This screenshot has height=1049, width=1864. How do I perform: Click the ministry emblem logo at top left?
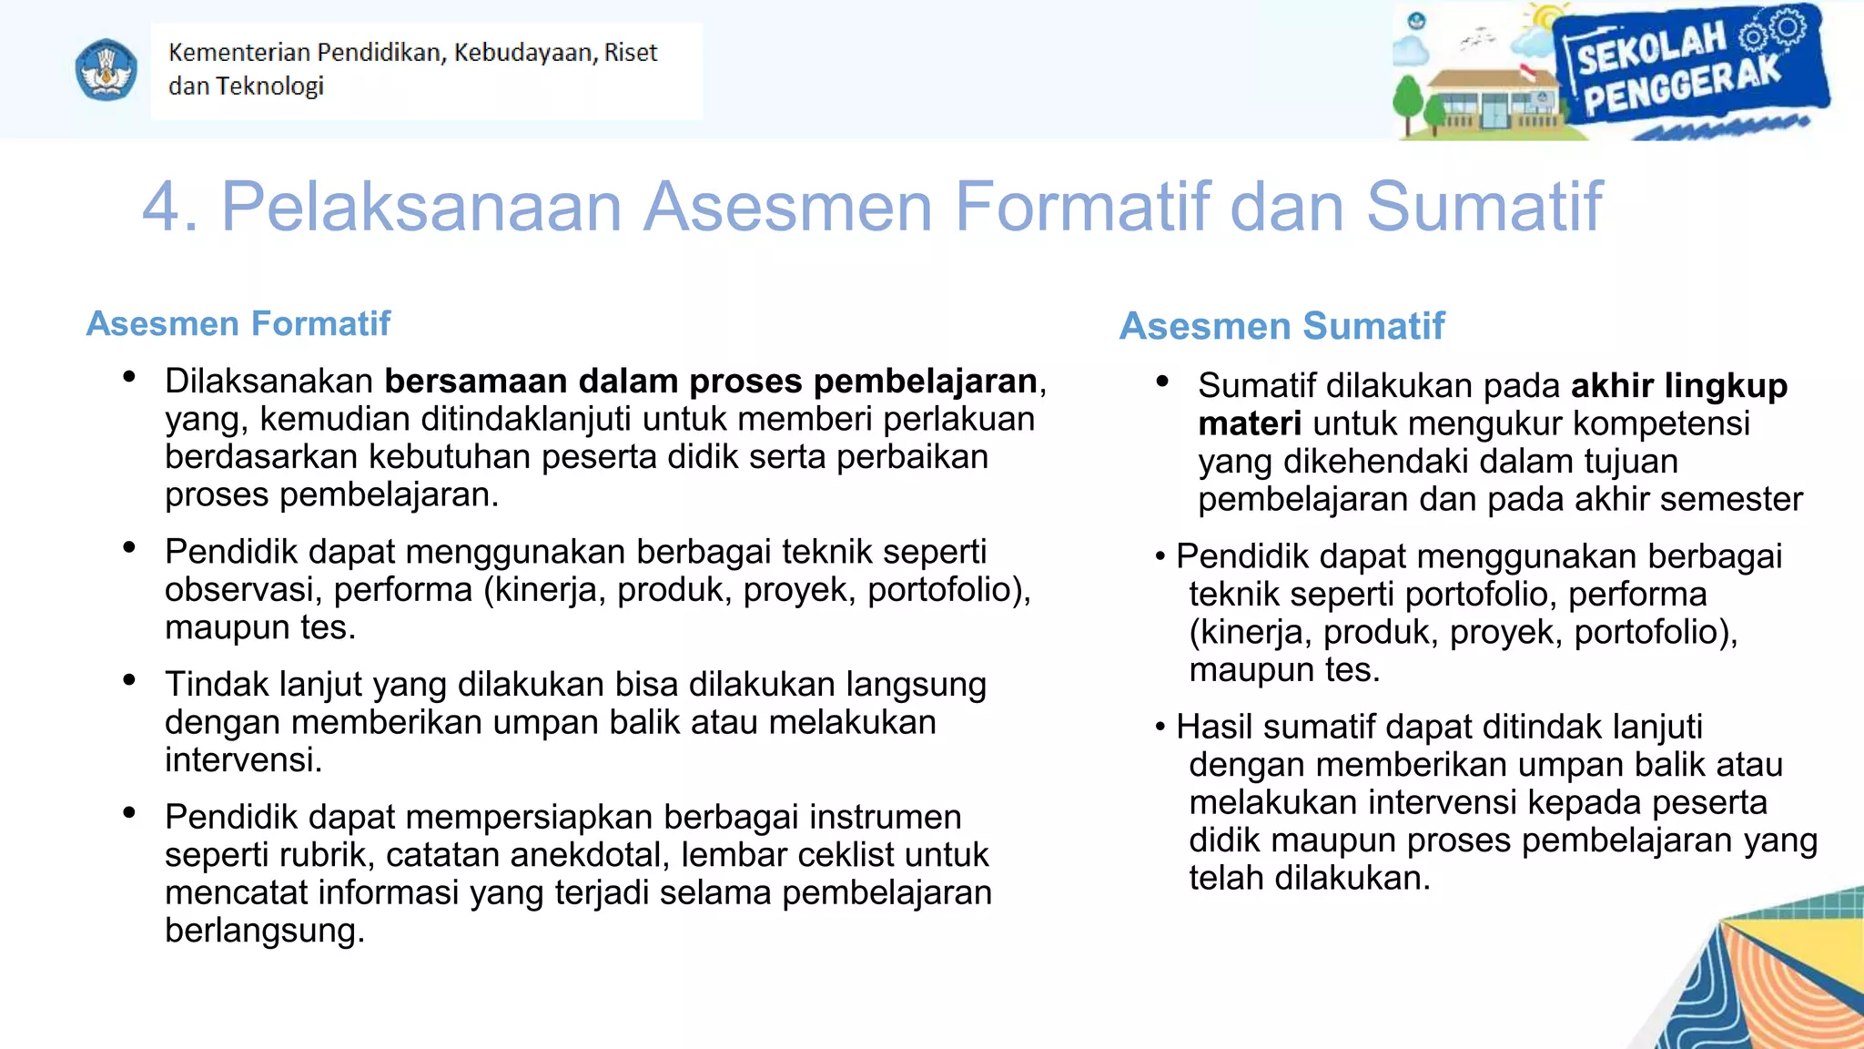106,70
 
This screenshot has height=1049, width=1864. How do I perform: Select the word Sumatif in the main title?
1484,207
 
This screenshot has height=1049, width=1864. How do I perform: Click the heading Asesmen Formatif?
238,323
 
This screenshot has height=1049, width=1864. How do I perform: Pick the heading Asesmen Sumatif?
1281,326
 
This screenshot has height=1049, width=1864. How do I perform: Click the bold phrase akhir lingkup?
1678,386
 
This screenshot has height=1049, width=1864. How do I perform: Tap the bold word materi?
1249,423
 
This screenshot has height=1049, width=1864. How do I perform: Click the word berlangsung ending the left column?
264,931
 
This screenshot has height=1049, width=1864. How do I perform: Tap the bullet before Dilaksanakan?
129,376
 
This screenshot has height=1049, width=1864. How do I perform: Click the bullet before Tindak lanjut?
129,679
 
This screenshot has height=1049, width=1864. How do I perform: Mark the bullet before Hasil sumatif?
1160,728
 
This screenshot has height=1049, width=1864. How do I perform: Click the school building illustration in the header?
1493,100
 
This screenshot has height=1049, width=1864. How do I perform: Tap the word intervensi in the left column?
243,760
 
